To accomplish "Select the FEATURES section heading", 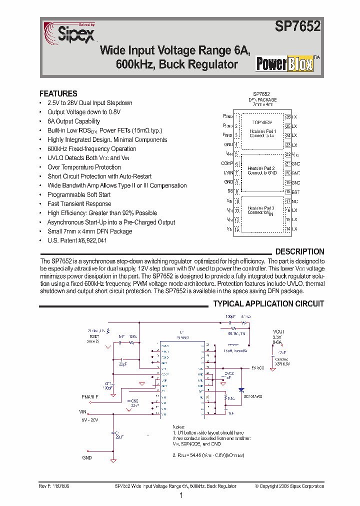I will point(58,93).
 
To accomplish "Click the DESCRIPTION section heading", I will point(299,251).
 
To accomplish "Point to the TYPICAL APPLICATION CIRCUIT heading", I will point(268,303).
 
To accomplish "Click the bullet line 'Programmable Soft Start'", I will point(79,194).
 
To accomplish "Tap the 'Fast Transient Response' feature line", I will point(79,203).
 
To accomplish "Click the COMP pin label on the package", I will point(227,163).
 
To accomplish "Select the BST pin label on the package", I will point(295,191).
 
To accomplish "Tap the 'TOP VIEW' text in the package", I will point(262,122).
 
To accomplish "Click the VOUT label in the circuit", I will point(278,331).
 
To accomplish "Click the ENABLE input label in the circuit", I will point(90,396).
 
